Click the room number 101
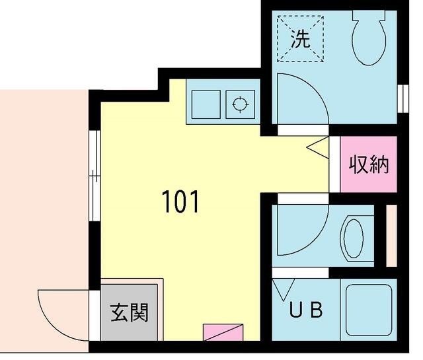pos(180,202)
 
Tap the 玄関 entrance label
pos(129,311)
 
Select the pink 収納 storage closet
pos(368,164)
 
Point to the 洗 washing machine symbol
pos(301,39)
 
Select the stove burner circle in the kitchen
pos(240,104)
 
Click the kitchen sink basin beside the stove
pos(208,103)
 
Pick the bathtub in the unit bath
pos(368,307)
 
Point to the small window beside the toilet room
pos(402,97)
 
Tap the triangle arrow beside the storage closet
pos(319,147)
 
